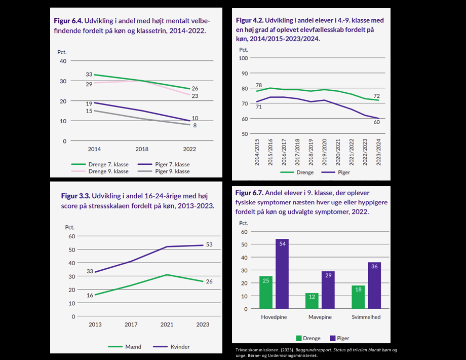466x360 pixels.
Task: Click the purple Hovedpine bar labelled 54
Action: [x=282, y=274]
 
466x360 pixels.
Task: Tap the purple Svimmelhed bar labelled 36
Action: [x=374, y=285]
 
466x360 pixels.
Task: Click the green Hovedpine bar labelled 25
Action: [x=266, y=293]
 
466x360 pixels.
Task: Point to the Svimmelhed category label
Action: [x=366, y=317]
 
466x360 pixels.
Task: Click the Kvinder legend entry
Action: [x=172, y=347]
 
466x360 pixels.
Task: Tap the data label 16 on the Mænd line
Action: [x=90, y=295]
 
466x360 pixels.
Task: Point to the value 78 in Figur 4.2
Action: [x=258, y=85]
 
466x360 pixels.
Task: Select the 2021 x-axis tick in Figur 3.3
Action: [x=167, y=325]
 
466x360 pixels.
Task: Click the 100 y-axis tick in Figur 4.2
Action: [x=243, y=58]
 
